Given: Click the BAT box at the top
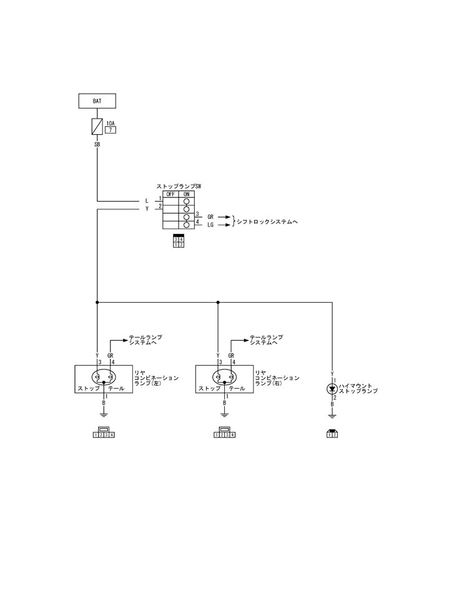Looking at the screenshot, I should [x=97, y=100].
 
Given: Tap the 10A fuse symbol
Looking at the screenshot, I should [x=97, y=127].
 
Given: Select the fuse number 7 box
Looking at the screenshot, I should [x=110, y=131].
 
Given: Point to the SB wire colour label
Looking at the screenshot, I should [x=97, y=144].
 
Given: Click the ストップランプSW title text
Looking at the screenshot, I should [x=179, y=186].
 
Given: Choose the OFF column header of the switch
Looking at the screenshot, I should [x=170, y=194].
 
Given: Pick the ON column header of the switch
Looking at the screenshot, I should [x=186, y=194].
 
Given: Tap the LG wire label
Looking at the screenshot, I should [x=210, y=225].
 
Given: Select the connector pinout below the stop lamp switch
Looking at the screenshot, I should [x=179, y=242].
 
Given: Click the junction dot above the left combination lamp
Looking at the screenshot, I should [x=97, y=303].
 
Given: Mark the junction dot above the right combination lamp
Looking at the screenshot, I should [x=218, y=303].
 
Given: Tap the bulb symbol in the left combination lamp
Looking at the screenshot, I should [x=104, y=377].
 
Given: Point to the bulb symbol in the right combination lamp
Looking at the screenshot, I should [x=224, y=377].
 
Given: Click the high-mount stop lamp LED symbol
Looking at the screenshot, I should [x=332, y=388].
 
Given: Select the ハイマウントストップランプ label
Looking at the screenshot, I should [x=360, y=388].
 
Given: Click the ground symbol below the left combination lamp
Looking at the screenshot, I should [x=104, y=413].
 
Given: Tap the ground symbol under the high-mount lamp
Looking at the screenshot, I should [x=332, y=414].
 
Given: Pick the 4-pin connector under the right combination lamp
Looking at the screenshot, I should [x=225, y=433].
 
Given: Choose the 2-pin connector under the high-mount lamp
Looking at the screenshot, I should [x=332, y=433].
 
